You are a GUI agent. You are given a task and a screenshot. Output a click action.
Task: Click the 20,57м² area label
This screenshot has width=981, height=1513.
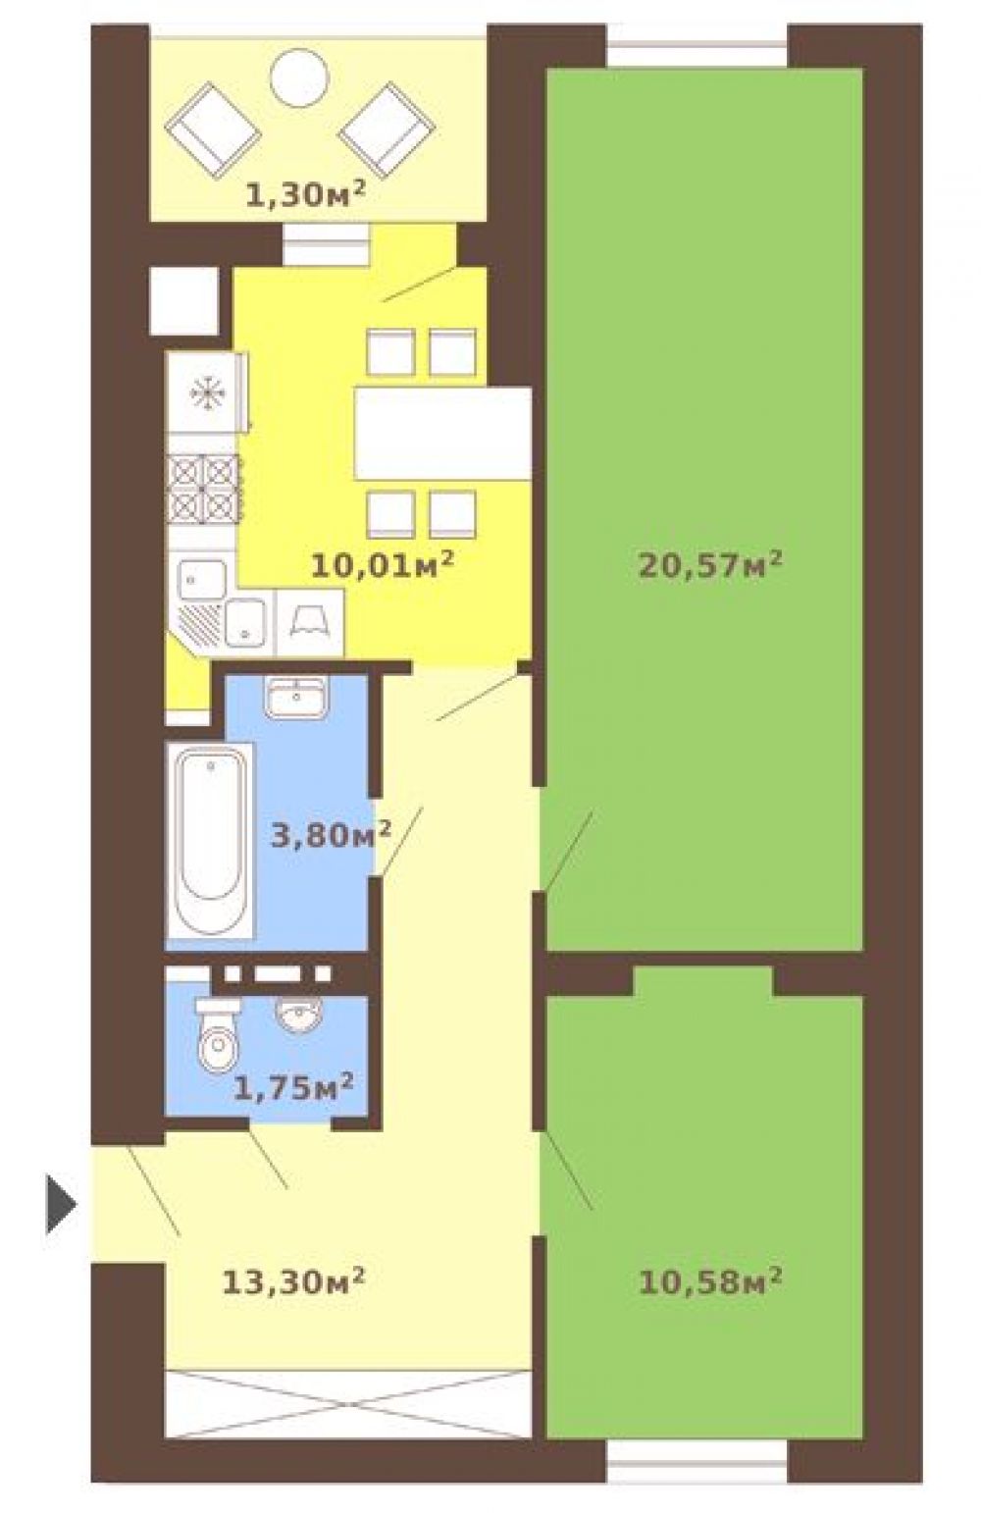click(709, 563)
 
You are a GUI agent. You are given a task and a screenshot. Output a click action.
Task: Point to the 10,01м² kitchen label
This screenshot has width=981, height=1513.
click(381, 564)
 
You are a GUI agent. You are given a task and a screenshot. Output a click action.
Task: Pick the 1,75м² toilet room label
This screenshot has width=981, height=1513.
click(293, 1087)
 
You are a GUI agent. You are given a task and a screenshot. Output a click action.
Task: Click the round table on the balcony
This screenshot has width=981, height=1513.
click(300, 77)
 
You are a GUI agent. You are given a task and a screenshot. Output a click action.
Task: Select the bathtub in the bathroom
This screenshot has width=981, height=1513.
click(210, 840)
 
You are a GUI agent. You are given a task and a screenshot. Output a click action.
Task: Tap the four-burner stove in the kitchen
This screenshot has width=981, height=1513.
click(204, 490)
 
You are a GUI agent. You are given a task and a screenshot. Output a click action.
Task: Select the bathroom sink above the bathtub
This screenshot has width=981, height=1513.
click(296, 696)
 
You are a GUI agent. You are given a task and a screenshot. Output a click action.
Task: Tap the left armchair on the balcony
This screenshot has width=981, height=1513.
click(213, 131)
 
